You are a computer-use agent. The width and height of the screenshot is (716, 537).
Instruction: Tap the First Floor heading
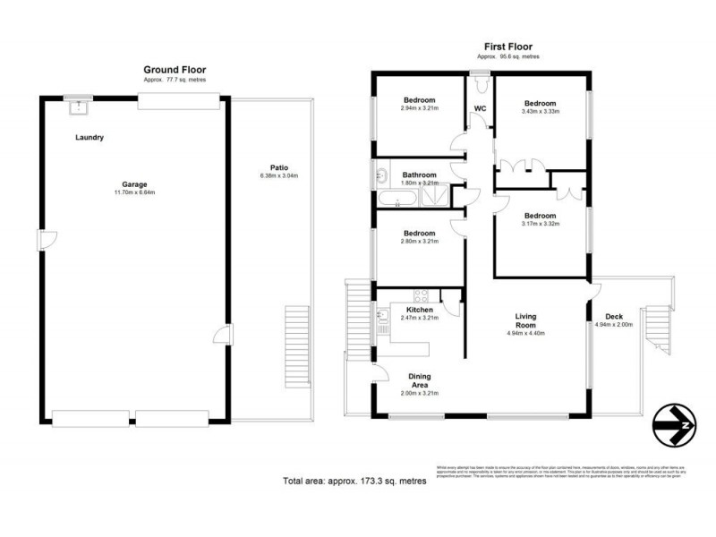(x=508, y=47)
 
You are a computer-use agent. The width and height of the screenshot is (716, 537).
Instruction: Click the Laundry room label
(x=89, y=137)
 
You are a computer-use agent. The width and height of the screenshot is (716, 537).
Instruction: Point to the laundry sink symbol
(x=79, y=107)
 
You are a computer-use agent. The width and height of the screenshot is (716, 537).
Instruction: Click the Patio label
(x=278, y=166)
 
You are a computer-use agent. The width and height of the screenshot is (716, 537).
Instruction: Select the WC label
(x=480, y=111)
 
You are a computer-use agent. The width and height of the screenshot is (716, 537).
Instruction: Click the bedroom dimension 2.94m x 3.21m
(x=419, y=108)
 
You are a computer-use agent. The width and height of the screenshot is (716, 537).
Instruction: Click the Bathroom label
(x=419, y=175)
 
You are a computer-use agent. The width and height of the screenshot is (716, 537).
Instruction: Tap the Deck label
(x=613, y=317)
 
